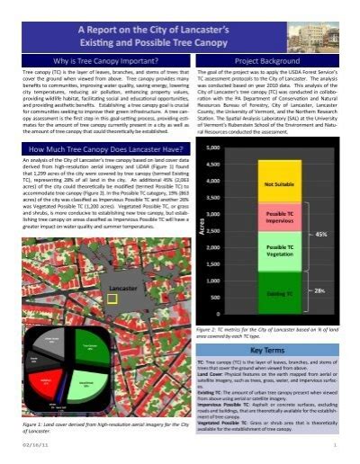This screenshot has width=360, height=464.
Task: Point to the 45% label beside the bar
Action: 320,233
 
